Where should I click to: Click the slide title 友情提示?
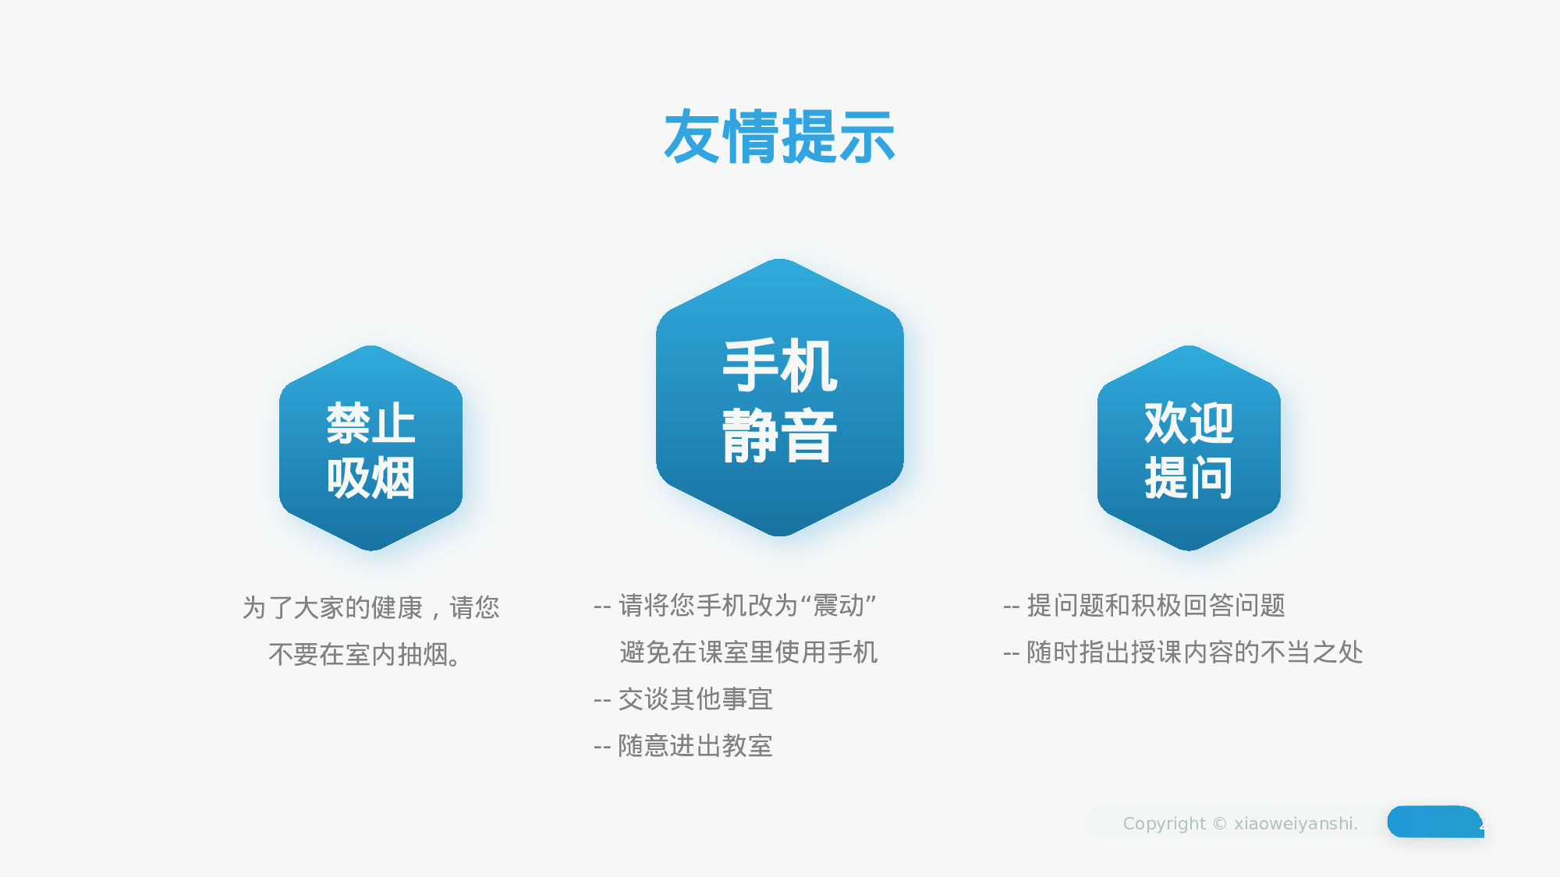point(779,137)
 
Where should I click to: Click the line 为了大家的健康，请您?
point(370,607)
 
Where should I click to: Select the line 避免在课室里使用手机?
point(748,652)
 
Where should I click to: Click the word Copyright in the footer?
point(1164,824)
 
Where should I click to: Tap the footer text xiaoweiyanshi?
point(1295,824)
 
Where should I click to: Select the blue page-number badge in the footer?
point(1435,822)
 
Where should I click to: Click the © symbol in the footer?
point(1220,824)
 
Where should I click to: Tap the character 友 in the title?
point(692,137)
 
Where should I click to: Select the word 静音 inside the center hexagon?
point(779,437)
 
